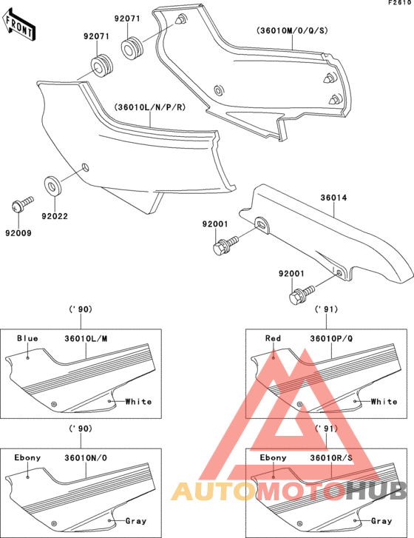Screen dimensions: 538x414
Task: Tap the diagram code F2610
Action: click(x=399, y=4)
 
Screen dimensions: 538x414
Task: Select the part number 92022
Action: click(x=54, y=216)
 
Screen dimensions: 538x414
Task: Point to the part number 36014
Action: click(x=334, y=198)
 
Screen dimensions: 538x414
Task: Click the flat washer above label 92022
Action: click(x=53, y=184)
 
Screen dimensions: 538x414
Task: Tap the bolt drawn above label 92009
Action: click(x=23, y=201)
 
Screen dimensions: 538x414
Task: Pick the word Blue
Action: click(x=27, y=338)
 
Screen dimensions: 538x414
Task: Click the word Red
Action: click(x=273, y=338)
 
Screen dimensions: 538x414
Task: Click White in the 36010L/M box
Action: click(x=138, y=402)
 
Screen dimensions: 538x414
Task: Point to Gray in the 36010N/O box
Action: click(x=136, y=521)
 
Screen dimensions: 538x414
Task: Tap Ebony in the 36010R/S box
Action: click(x=274, y=457)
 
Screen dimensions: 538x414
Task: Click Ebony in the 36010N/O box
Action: click(x=28, y=457)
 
